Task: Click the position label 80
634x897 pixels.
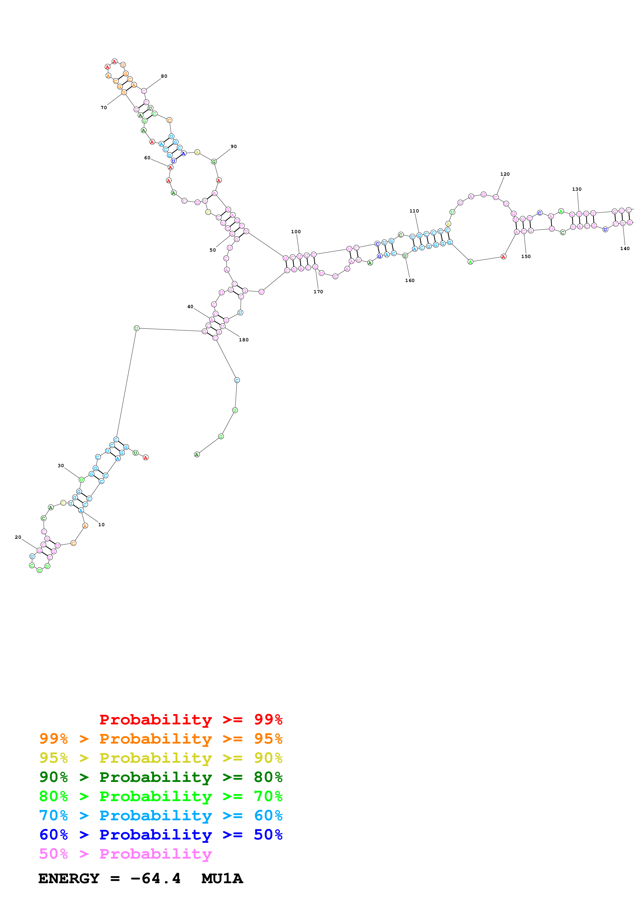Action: tap(164, 76)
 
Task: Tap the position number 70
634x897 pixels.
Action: tap(104, 107)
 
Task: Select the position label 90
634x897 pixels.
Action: tap(233, 147)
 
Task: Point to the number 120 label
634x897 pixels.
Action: tap(505, 174)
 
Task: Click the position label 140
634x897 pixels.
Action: tap(625, 249)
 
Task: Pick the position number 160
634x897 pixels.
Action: tap(410, 281)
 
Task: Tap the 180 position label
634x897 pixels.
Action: tap(244, 340)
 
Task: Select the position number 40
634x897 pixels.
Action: tap(190, 307)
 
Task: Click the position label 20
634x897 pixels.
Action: tap(18, 537)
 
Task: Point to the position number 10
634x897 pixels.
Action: tap(101, 525)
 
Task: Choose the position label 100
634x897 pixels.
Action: tap(296, 232)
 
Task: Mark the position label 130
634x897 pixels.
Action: tap(576, 189)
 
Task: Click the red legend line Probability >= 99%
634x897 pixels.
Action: tap(191, 720)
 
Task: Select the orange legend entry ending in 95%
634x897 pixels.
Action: tap(161, 739)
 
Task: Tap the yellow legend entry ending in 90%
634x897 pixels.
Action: tap(161, 758)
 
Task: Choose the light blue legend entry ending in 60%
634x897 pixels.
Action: tap(161, 815)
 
